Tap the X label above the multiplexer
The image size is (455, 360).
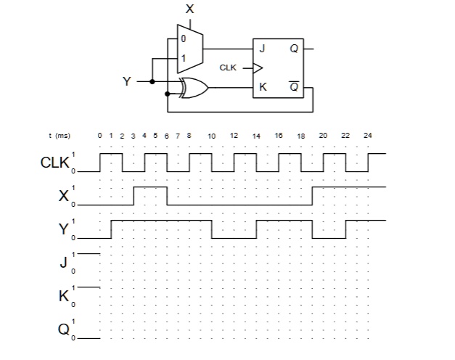coord(190,9)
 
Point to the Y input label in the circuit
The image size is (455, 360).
coord(127,81)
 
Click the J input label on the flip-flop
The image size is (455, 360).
coord(262,49)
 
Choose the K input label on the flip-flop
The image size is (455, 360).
coord(263,88)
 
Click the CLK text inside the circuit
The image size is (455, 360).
coord(228,67)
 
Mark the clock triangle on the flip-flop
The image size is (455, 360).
coord(256,68)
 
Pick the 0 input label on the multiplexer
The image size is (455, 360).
coord(183,37)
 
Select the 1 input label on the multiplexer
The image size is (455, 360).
coord(183,58)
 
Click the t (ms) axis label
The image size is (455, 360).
coord(59,136)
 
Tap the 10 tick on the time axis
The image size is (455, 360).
coord(211,136)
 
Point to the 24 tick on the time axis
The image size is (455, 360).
coord(368,136)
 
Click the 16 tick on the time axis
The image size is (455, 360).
coord(279,136)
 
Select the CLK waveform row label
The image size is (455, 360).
coord(55,163)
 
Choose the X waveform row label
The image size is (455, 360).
coord(64,196)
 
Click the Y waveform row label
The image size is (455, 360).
coord(64,229)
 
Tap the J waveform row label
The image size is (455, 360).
coord(64,262)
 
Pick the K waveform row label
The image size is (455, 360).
coord(64,295)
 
